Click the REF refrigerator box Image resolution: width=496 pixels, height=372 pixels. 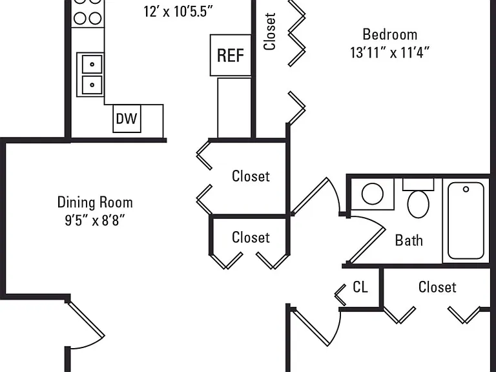tap(231, 56)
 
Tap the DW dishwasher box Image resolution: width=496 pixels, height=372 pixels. tap(127, 119)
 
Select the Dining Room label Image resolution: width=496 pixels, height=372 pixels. tap(95, 202)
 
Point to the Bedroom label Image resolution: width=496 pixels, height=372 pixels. tap(389, 34)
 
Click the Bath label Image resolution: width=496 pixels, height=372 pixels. tap(409, 240)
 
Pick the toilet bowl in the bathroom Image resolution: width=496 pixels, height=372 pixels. tap(418, 204)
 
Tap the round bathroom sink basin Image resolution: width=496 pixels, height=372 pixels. tap(373, 194)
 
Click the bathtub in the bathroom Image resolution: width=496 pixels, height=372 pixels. tap(466, 220)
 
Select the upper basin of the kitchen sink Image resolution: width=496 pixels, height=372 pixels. tap(92, 64)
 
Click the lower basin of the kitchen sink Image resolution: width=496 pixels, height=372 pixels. tap(92, 85)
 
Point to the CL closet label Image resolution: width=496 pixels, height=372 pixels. tap(360, 287)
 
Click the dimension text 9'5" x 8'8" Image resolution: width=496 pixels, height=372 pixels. tap(95, 220)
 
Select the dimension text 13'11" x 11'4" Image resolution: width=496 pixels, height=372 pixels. tap(389, 52)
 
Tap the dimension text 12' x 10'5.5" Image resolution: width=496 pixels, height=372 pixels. tap(178, 12)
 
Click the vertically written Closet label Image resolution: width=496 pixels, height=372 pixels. tap(270, 31)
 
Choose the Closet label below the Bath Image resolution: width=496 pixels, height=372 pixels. tap(437, 287)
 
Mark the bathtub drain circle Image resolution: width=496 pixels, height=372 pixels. tap(466, 189)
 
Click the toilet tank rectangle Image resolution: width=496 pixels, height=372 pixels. tap(418, 185)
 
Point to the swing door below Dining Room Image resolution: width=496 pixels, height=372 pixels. tap(85, 319)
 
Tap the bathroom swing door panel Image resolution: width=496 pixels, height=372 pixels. tap(367, 245)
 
